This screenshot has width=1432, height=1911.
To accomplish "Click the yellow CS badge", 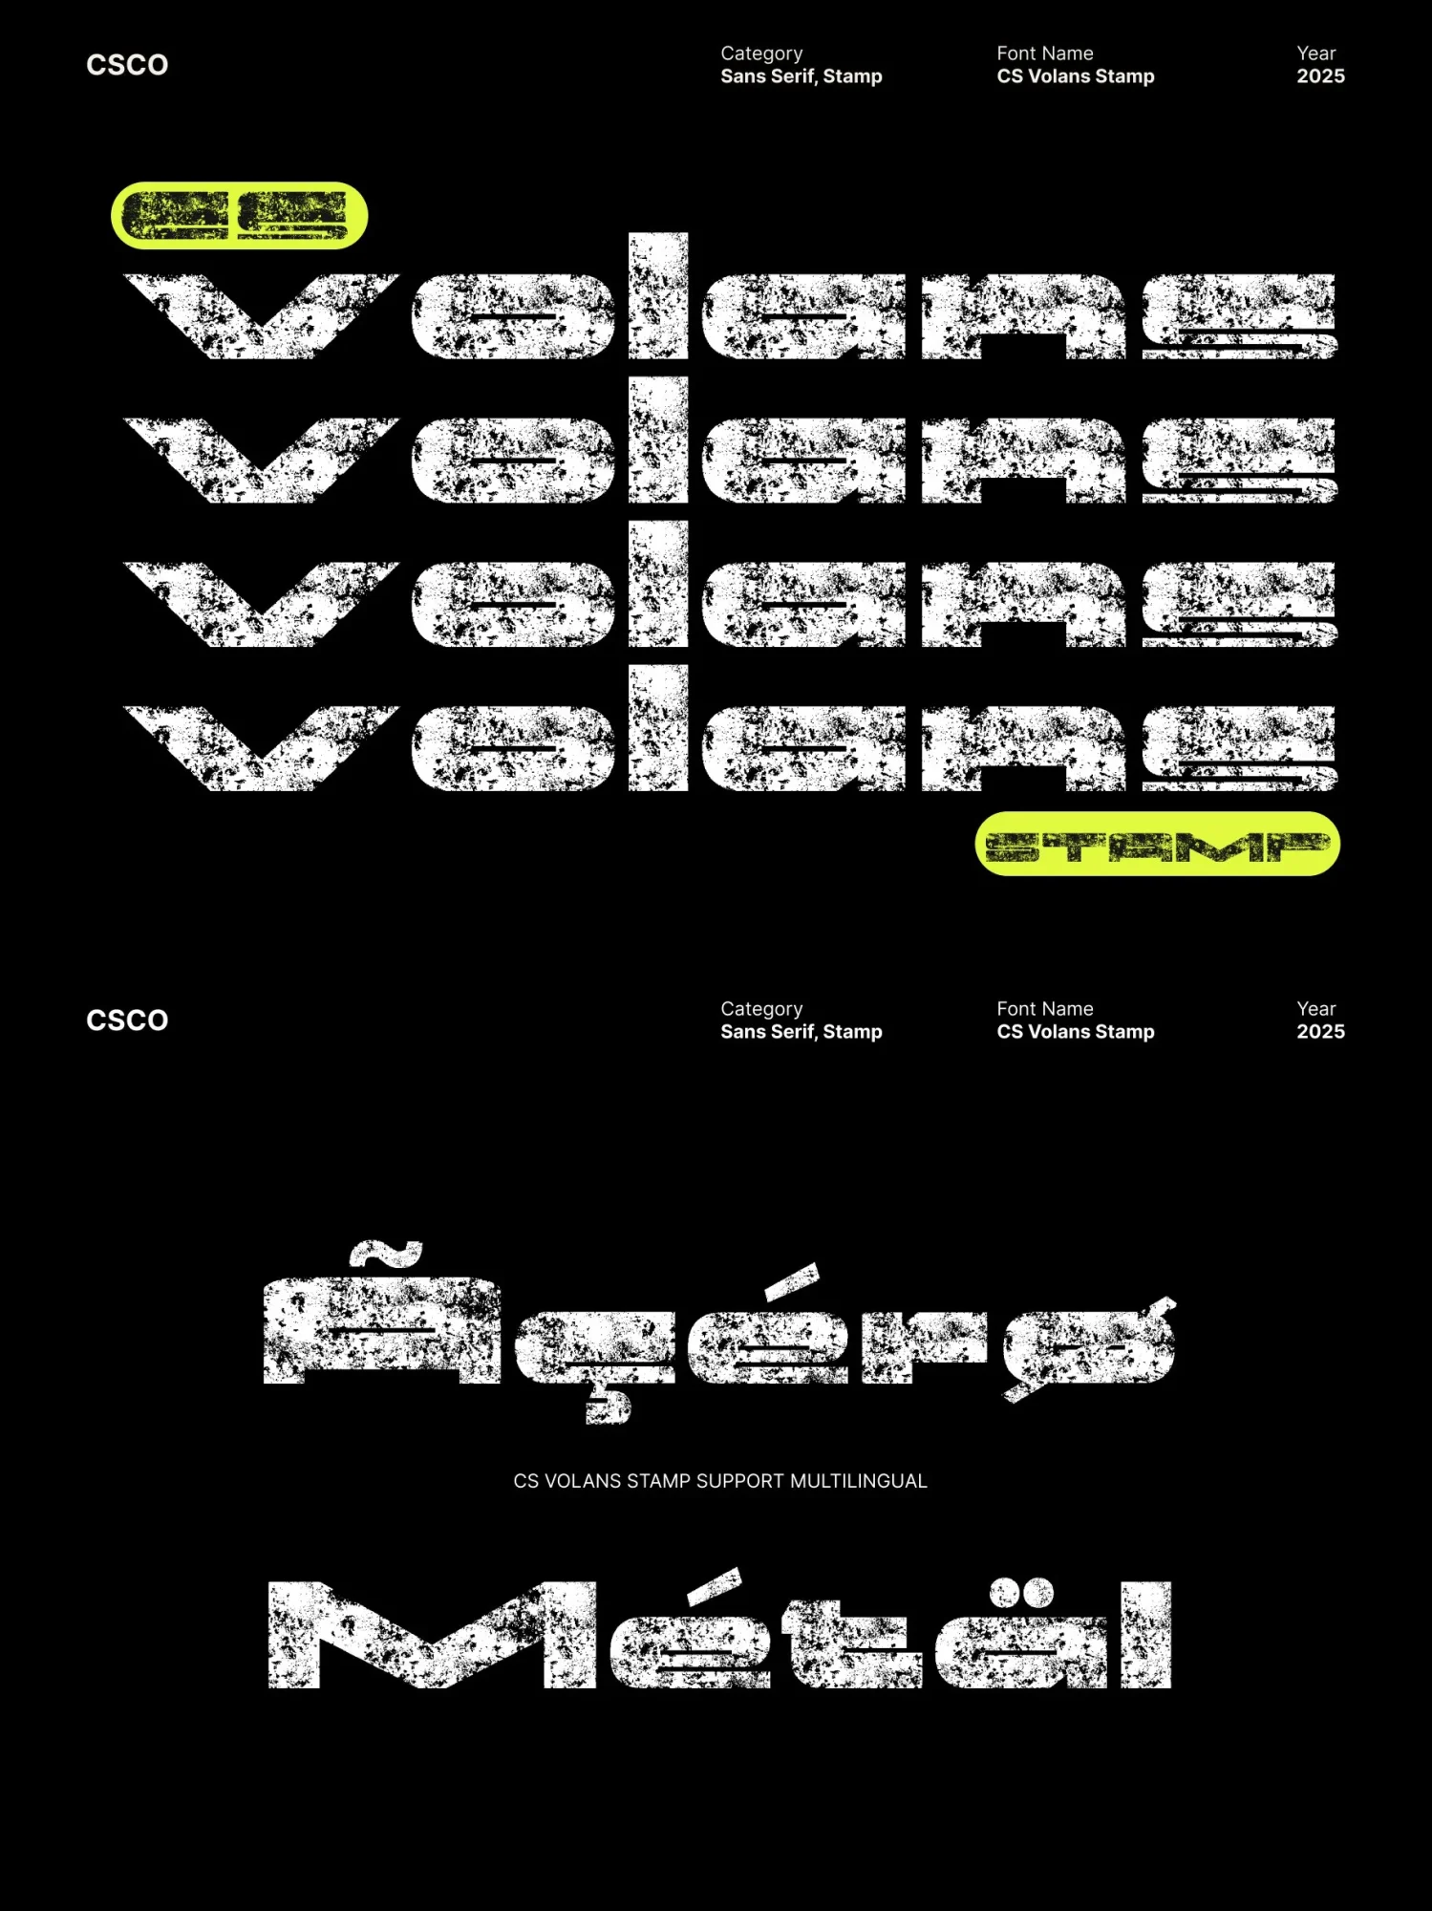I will tap(239, 215).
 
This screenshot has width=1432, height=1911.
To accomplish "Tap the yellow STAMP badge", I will tap(1157, 844).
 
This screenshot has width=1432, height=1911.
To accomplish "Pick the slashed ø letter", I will tap(1089, 1345).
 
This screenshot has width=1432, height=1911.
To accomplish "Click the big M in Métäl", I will tap(432, 1635).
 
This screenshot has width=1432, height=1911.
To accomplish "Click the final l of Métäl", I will tap(1145, 1635).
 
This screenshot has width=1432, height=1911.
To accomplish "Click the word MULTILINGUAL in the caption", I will tap(858, 1481).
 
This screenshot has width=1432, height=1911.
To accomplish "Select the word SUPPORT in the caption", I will tap(740, 1481).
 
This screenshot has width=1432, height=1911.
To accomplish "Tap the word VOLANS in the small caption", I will tap(583, 1481).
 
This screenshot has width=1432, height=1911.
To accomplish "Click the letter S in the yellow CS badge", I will tap(292, 215).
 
